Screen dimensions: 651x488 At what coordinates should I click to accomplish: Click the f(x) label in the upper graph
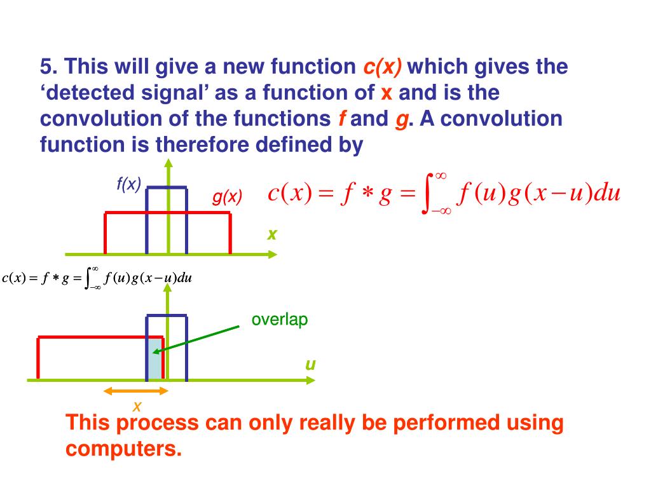128,184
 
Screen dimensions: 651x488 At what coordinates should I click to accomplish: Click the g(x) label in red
227,198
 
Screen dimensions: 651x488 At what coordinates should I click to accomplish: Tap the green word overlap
280,320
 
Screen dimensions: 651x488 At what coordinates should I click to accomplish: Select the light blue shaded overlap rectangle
155,359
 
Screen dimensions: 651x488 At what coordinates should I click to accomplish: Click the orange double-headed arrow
135,391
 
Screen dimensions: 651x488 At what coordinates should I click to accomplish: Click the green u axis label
310,365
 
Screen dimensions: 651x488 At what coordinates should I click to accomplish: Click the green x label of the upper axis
272,234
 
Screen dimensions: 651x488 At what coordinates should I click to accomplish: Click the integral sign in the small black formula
88,278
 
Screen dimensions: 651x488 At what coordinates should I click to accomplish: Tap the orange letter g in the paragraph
401,119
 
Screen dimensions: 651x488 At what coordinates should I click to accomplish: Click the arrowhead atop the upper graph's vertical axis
168,163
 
